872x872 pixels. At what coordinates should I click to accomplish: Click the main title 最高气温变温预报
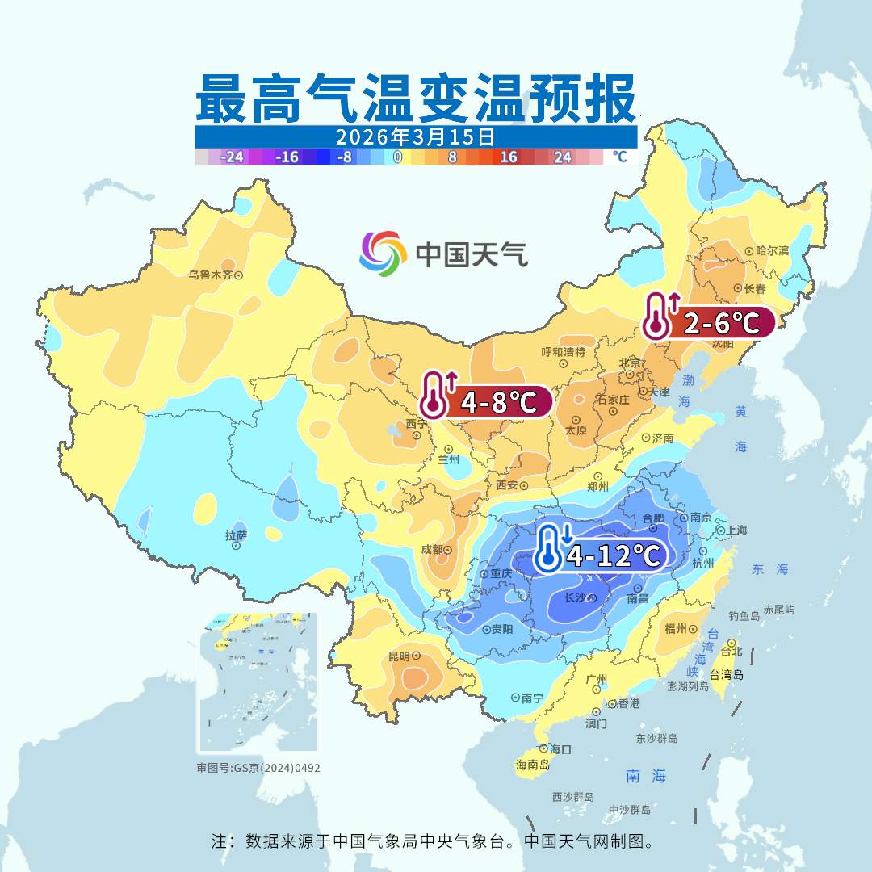point(416,99)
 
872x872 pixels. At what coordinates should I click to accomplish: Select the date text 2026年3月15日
point(415,136)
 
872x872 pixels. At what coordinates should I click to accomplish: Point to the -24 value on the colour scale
point(233,157)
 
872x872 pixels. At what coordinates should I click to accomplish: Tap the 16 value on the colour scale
point(508,157)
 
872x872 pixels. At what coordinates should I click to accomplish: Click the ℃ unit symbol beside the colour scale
point(618,157)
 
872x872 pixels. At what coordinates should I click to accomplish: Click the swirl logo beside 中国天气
point(383,253)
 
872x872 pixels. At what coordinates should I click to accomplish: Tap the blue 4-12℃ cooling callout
point(602,555)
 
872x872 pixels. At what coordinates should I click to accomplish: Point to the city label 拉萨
point(236,535)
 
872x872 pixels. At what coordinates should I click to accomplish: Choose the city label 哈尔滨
point(771,251)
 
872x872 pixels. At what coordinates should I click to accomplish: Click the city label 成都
point(432,550)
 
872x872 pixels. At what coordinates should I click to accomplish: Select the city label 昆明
point(399,656)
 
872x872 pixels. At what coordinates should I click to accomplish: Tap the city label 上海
point(736,530)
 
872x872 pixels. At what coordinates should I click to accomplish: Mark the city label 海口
point(560,748)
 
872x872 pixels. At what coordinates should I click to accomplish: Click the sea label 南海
point(646,776)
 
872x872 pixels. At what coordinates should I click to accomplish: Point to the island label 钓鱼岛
point(744,616)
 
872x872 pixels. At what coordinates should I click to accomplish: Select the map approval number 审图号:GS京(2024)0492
point(258,768)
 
